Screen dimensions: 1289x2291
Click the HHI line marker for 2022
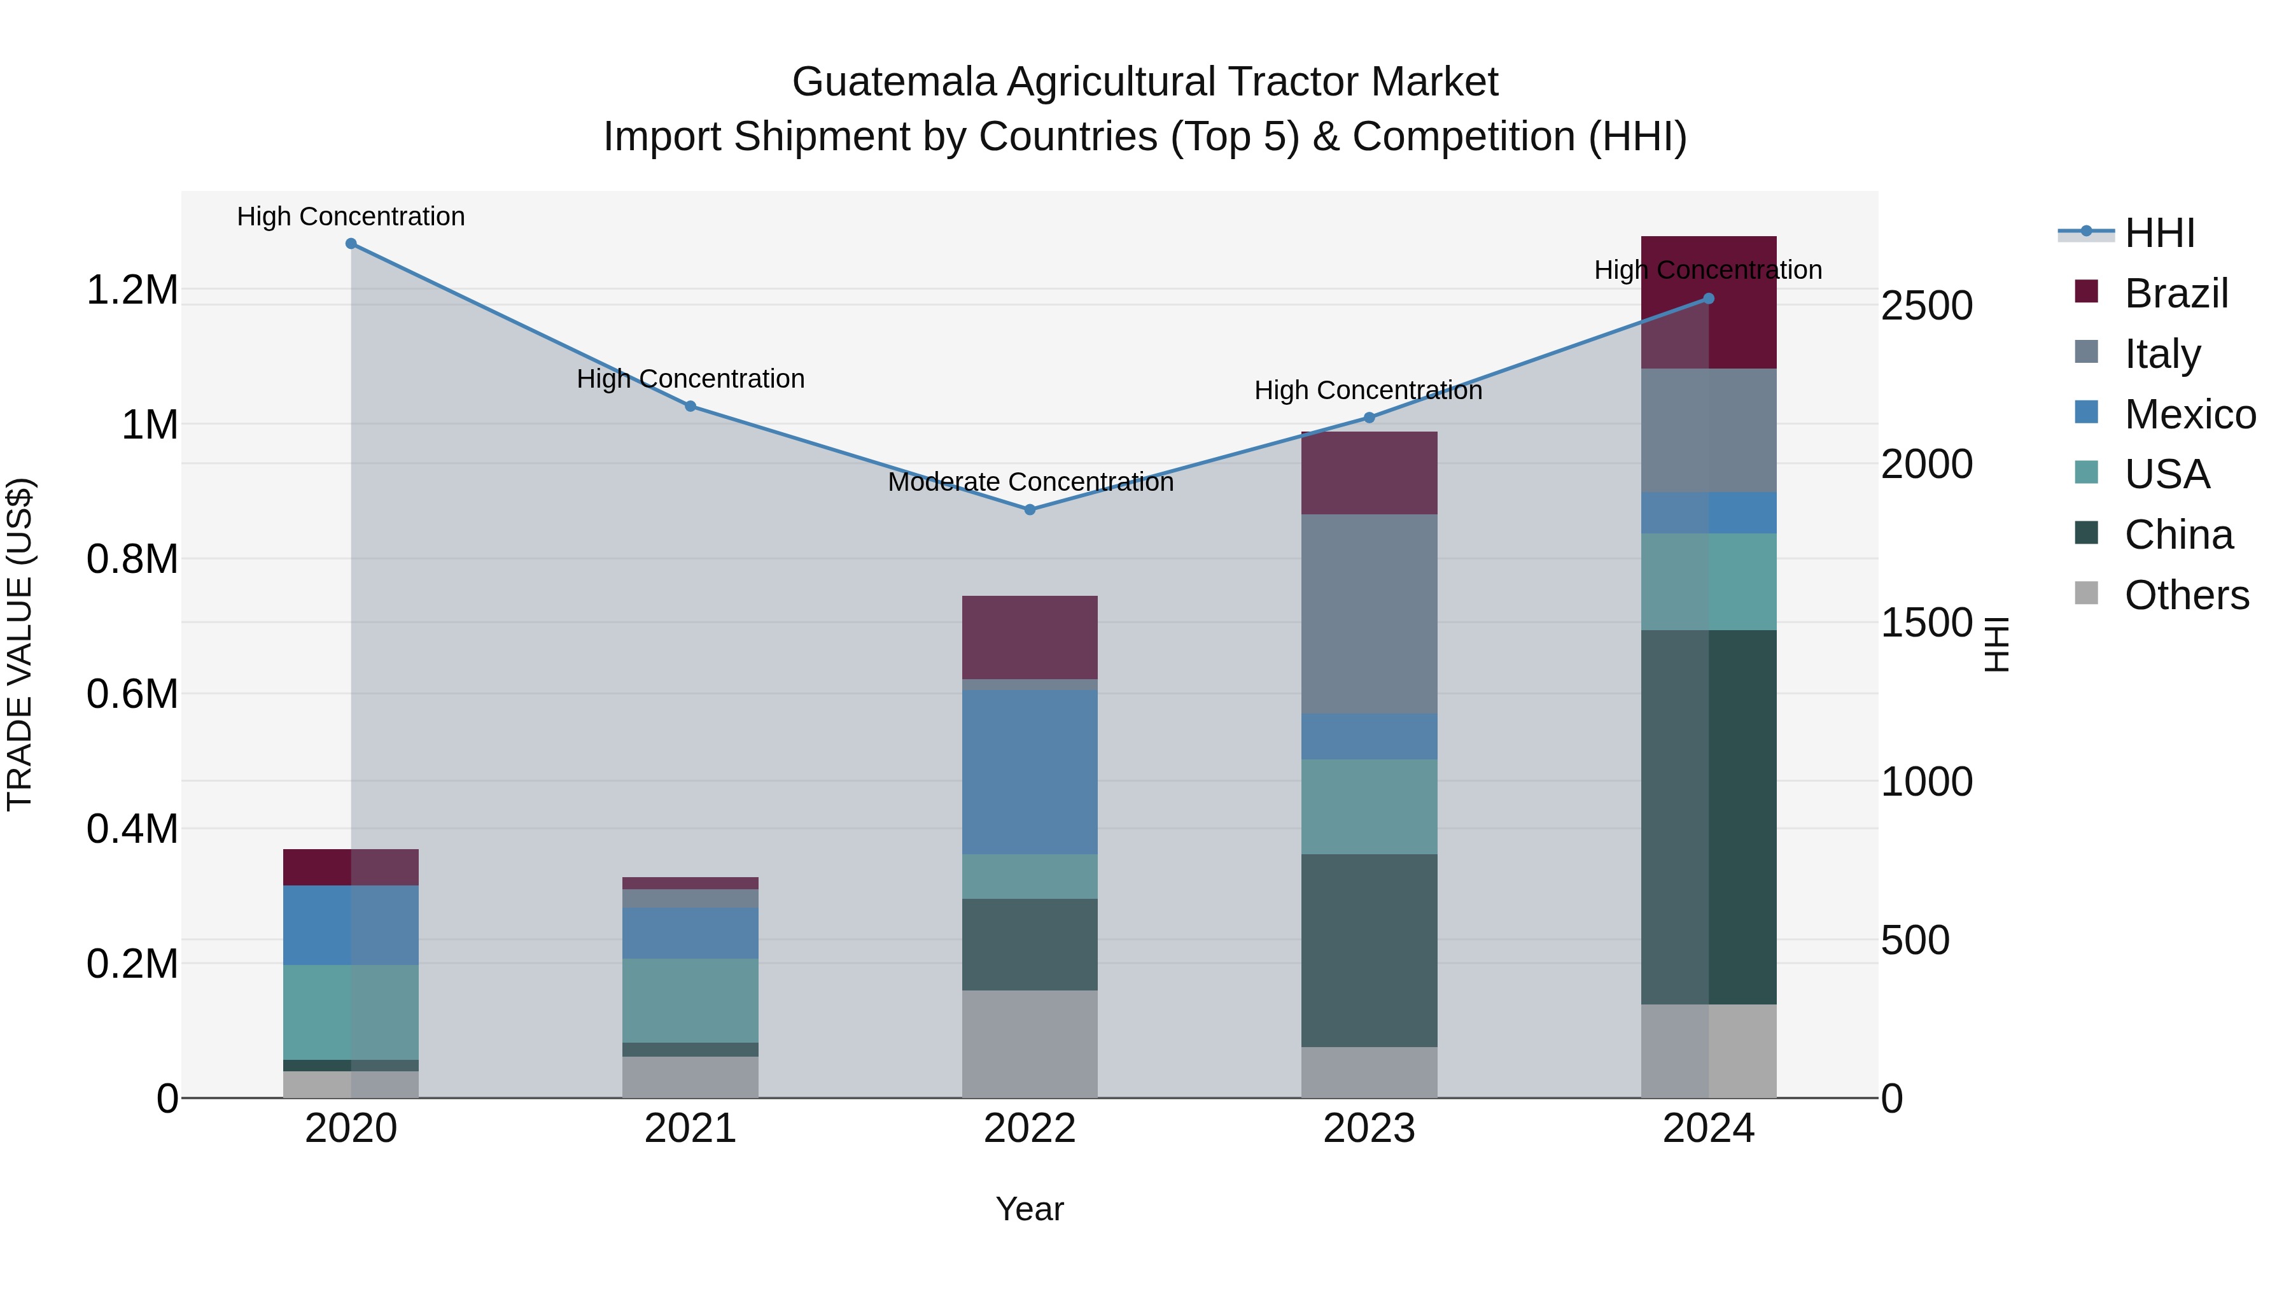tap(1030, 510)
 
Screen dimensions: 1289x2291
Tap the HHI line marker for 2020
tap(351, 244)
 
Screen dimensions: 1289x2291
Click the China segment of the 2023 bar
tap(1369, 950)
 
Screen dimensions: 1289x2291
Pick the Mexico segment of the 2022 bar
tap(1030, 772)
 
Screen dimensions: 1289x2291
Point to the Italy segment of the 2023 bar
tap(1369, 614)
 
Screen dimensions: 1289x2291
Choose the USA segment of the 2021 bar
tap(690, 1000)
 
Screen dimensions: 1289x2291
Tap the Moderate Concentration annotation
tap(1030, 482)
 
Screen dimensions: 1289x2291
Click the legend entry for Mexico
tap(2189, 414)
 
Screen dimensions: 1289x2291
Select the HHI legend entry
tap(2159, 233)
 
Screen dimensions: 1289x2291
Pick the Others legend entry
tap(2185, 595)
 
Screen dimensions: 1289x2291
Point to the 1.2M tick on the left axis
tap(132, 290)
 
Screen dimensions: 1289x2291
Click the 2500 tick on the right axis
tap(1926, 306)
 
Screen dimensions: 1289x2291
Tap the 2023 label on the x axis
tap(1369, 1129)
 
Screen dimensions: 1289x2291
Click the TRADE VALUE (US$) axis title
tap(20, 644)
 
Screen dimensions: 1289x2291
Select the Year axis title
tap(1030, 1209)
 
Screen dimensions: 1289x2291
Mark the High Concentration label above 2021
tap(690, 379)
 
